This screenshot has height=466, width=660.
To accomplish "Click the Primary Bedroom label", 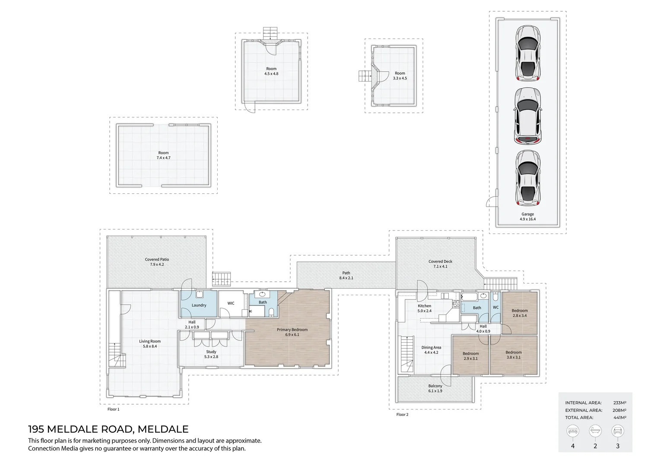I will [292, 330].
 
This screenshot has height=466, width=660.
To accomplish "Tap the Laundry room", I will [199, 305].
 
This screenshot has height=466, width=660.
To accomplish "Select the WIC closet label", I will [231, 303].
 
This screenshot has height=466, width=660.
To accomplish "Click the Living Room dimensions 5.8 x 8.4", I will [150, 346].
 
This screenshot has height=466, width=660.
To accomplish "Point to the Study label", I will [211, 352].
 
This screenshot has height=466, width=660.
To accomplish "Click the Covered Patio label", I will [157, 259].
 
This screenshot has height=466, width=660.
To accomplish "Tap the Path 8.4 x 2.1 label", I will [346, 275].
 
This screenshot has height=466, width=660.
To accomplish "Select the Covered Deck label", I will [440, 261].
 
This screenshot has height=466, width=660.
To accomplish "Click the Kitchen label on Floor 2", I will [424, 306].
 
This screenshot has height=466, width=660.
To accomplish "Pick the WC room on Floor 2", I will [495, 308].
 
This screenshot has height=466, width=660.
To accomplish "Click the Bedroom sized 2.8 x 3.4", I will [519, 313].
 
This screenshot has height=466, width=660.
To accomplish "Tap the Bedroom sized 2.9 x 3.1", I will [470, 356].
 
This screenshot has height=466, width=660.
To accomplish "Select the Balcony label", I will [435, 386].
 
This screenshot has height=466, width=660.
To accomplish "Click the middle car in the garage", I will [527, 116].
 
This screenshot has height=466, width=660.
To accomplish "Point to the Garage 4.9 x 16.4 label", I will [527, 217].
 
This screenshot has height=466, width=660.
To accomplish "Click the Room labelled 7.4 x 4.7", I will [163, 155].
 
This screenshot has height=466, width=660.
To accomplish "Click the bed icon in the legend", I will [573, 431].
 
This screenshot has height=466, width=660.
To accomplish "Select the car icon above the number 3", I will [618, 431].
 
